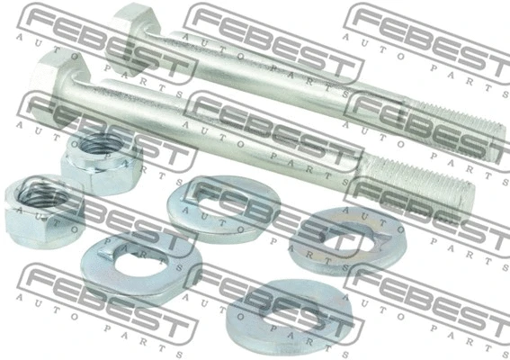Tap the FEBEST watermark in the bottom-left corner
tap(90, 292)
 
